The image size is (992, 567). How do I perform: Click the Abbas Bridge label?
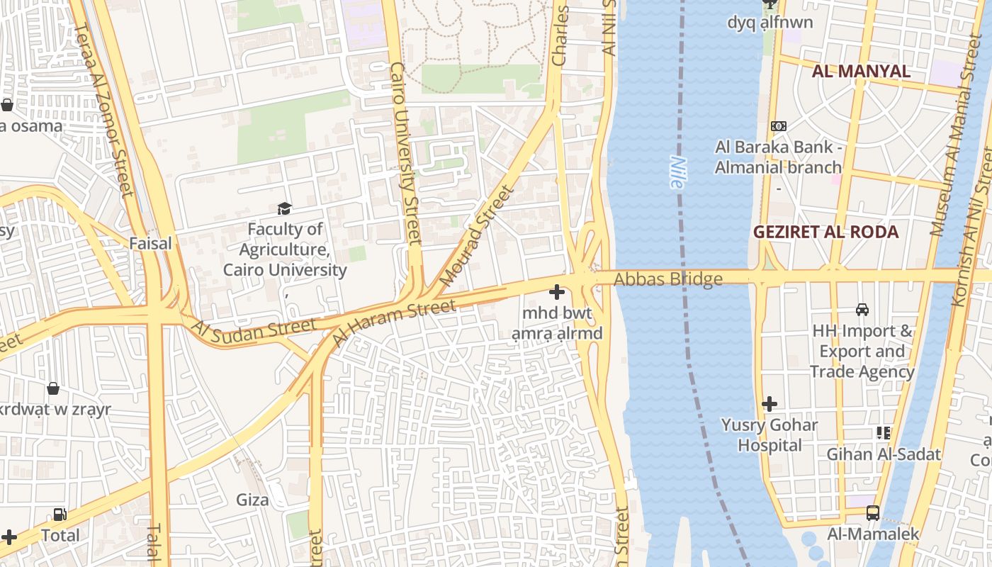(668, 279)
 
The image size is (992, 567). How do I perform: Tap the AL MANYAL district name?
(861, 71)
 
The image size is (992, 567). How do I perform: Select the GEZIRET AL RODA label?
(825, 232)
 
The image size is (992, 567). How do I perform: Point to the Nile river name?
(676, 172)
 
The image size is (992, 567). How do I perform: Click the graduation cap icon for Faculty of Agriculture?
(285, 208)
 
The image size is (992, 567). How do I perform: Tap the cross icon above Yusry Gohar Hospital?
(770, 404)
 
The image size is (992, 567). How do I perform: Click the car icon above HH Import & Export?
(862, 310)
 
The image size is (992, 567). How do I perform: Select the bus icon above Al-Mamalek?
(873, 513)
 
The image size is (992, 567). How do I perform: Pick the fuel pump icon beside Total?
(60, 515)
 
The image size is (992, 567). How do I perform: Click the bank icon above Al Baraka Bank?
(779, 126)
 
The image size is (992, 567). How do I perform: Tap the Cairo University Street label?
(406, 153)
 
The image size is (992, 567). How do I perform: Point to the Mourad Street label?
(475, 236)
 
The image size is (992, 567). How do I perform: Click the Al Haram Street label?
(393, 322)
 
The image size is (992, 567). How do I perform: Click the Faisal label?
(150, 243)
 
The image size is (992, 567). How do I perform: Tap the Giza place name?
(252, 500)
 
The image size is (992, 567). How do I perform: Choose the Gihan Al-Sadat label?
(884, 454)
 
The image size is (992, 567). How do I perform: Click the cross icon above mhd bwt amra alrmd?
(557, 291)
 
